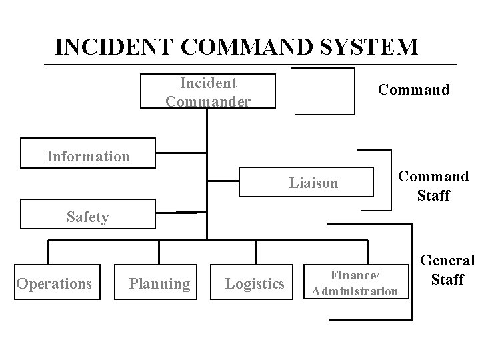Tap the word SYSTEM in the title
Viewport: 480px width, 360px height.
click(368, 47)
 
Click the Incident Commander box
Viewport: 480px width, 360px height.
click(208, 91)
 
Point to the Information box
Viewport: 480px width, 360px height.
click(88, 153)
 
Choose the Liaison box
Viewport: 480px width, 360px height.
click(306, 181)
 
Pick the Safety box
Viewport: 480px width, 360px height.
click(87, 215)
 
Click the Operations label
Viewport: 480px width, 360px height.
click(54, 284)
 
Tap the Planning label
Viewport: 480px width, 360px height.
click(159, 284)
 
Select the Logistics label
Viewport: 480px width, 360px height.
click(255, 284)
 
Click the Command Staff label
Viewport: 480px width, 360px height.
click(433, 186)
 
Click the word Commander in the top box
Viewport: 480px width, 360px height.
click(208, 101)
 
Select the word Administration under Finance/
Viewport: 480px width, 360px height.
click(354, 291)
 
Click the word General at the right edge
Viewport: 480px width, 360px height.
click(447, 261)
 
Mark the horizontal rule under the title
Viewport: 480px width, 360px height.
click(250, 65)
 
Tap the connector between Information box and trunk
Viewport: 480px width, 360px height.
click(181, 153)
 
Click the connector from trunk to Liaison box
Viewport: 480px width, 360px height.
click(223, 180)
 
